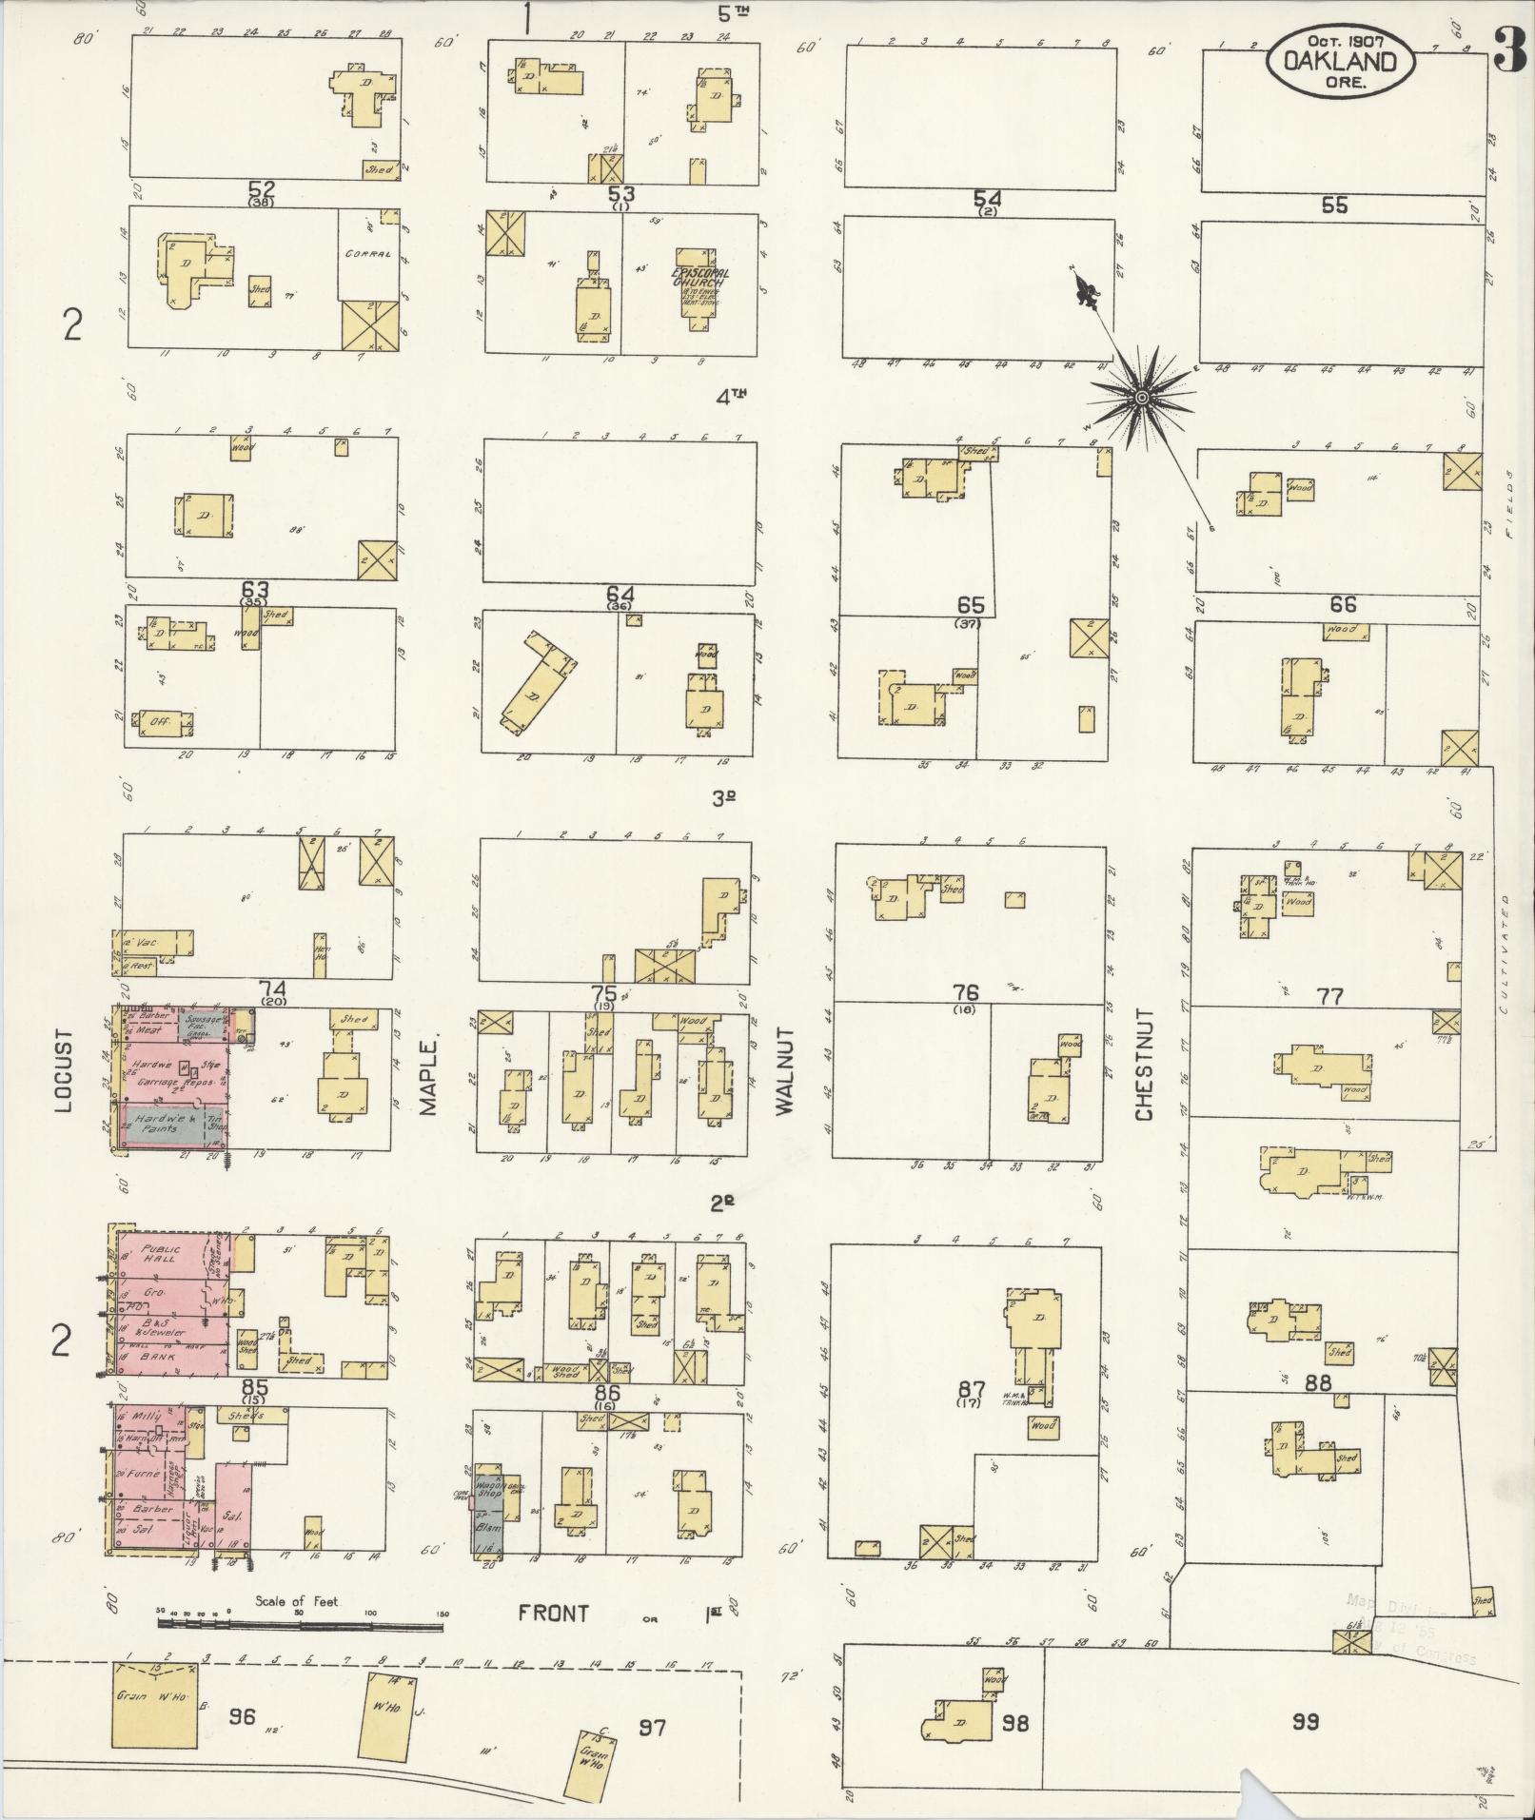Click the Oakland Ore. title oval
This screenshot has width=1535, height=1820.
click(x=1340, y=59)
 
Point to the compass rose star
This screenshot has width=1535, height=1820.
click(x=1139, y=397)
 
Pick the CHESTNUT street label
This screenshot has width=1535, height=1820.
click(x=1143, y=1065)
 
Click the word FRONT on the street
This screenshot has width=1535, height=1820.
click(x=553, y=1614)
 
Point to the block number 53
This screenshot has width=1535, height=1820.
click(x=621, y=195)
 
